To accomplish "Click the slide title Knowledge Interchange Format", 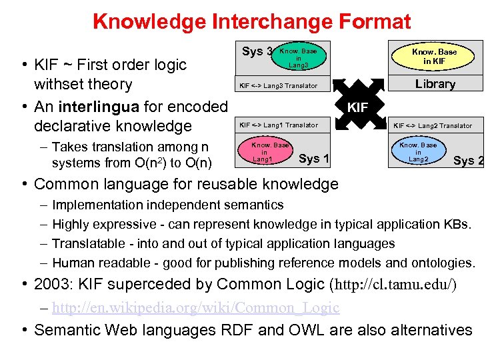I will [251, 21].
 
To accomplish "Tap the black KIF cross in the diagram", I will [357, 106].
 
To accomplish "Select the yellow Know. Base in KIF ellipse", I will [434, 56].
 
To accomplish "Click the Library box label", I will [435, 84].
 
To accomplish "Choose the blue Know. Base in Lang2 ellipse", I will [418, 152].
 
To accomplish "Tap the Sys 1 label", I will [314, 158].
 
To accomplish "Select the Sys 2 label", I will [468, 160].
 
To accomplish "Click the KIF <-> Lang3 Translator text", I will [279, 86].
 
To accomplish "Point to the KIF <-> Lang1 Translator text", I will [279, 125].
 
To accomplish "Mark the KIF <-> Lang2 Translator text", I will [432, 125].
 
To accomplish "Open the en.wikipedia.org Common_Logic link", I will [195, 307].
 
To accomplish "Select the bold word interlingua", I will [99, 107].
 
